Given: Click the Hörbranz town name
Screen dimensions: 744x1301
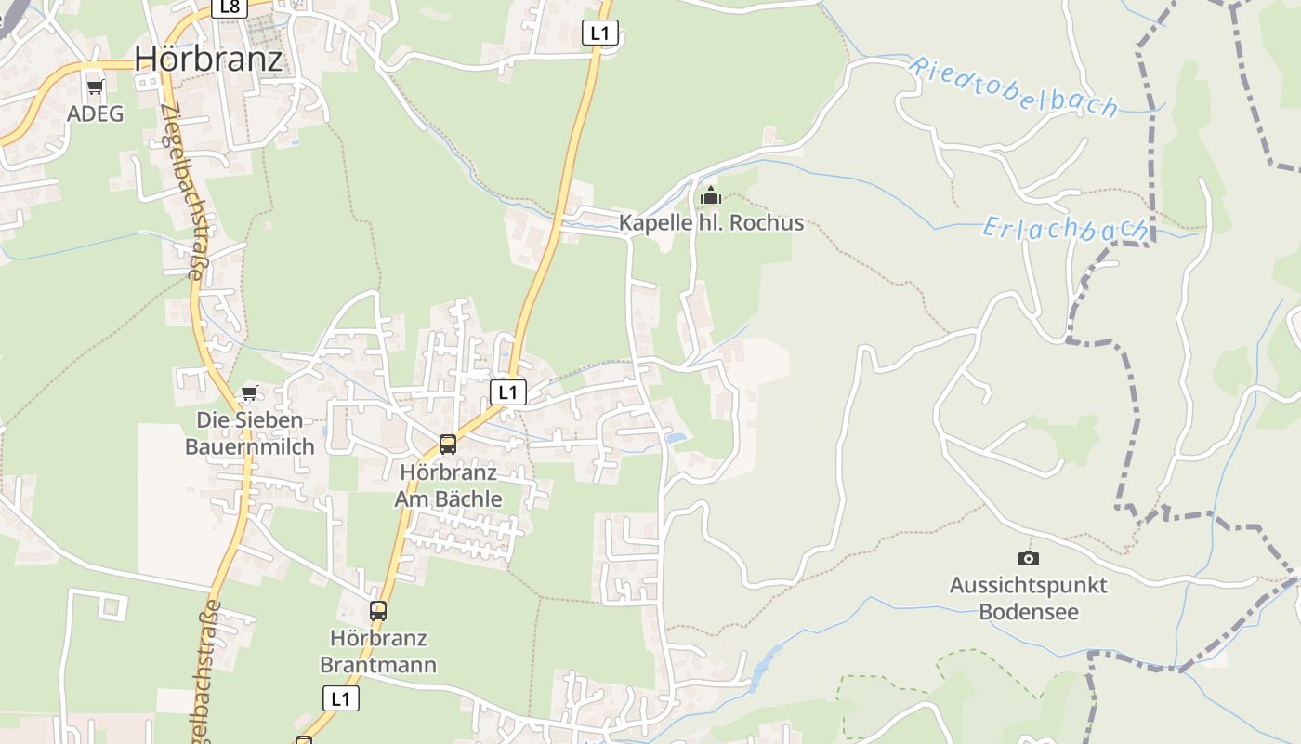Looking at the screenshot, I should coord(208,58).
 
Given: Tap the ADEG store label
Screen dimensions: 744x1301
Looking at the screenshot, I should coord(95,113).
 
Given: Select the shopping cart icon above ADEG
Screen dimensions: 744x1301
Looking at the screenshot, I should coord(95,87).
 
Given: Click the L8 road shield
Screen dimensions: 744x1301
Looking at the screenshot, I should coord(229,7).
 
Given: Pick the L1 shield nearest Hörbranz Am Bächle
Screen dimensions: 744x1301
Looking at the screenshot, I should coord(507,392).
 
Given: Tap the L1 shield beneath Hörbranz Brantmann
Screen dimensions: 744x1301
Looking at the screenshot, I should coord(341,698).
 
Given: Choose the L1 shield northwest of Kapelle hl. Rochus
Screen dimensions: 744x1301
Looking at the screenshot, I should coord(600,33).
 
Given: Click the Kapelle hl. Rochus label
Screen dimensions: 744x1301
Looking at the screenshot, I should coord(711,223).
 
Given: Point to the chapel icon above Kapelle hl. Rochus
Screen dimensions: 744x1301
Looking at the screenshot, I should coord(711,196).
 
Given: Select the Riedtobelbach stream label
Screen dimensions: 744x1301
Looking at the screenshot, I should coord(1012,86).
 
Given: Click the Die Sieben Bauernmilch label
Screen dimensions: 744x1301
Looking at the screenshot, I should coord(249,433).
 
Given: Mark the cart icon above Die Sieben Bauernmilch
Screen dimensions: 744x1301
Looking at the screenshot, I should coord(249,393).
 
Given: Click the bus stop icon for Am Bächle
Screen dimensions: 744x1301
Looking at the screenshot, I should coord(448,445).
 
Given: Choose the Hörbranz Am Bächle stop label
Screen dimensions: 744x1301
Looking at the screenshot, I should coord(448,485).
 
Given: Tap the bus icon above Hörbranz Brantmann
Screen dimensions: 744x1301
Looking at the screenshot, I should coord(378,611).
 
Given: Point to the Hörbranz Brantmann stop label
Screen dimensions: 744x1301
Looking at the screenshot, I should coord(378,652).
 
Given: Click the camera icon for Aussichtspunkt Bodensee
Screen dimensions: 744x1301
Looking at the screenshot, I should coord(1028,558).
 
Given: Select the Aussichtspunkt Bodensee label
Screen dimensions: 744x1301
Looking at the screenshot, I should coord(1028,599).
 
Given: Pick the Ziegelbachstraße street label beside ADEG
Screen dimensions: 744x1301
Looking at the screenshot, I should coord(182,191).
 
